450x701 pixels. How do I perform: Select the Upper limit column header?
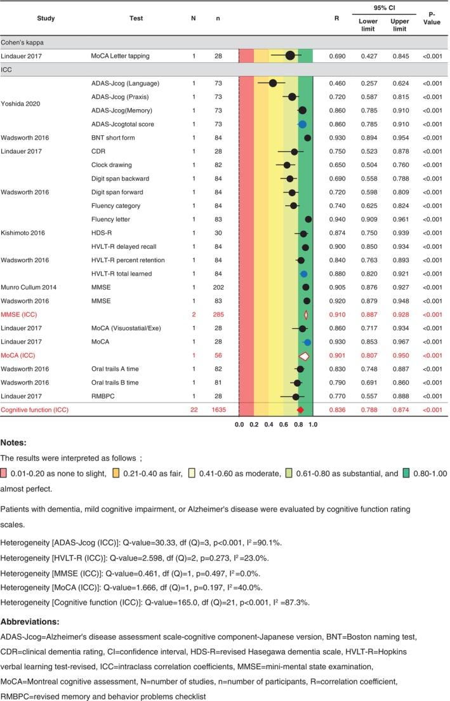(x=400, y=24)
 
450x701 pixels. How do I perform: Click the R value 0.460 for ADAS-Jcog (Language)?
(x=336, y=83)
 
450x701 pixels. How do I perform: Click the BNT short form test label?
(x=113, y=138)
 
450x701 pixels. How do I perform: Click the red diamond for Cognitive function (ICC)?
(x=300, y=411)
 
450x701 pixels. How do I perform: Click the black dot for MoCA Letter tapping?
(x=290, y=56)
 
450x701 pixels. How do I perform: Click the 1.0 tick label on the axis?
(x=313, y=424)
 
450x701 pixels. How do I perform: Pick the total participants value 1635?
(x=218, y=411)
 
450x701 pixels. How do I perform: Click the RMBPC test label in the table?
(x=103, y=397)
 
